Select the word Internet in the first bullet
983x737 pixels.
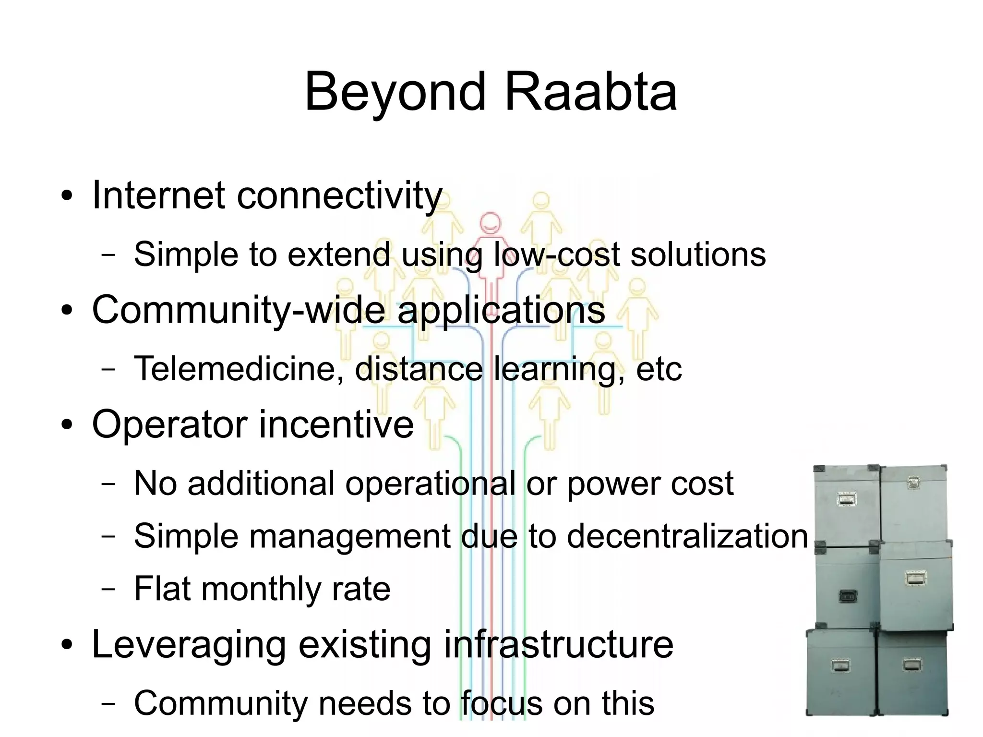pos(158,195)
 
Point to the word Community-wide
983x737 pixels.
pos(238,310)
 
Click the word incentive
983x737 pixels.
pos(336,424)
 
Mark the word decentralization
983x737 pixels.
pos(687,536)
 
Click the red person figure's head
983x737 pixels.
pos(491,223)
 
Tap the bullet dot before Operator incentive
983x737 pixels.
pos(67,425)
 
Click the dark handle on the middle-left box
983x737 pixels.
pos(847,596)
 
